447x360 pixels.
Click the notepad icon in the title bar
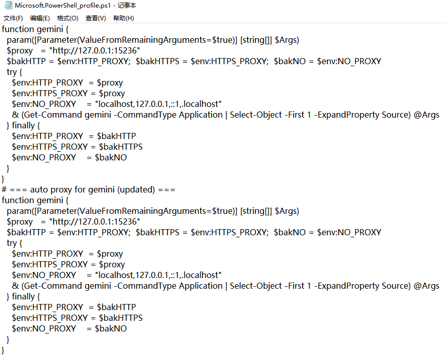click(x=8, y=5)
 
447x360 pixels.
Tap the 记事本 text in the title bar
click(x=127, y=6)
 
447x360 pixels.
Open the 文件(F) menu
click(x=13, y=18)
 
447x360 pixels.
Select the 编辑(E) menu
click(x=40, y=18)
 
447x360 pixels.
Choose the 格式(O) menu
click(x=68, y=18)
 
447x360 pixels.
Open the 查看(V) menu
click(x=96, y=18)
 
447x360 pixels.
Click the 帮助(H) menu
click(x=123, y=18)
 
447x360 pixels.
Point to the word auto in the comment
click(x=39, y=190)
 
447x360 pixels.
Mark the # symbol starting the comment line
click(x=4, y=190)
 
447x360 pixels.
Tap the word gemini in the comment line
click(x=101, y=190)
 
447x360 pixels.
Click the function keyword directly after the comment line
click(x=18, y=200)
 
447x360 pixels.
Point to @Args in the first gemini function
click(x=427, y=115)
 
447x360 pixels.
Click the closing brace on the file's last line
click(x=3, y=350)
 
